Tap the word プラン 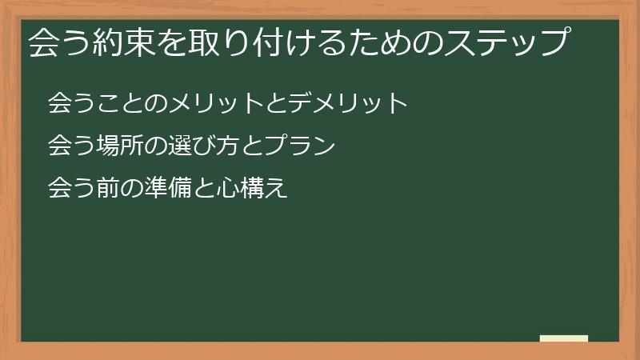[298, 146]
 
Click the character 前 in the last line [107, 190]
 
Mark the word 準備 [167, 190]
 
